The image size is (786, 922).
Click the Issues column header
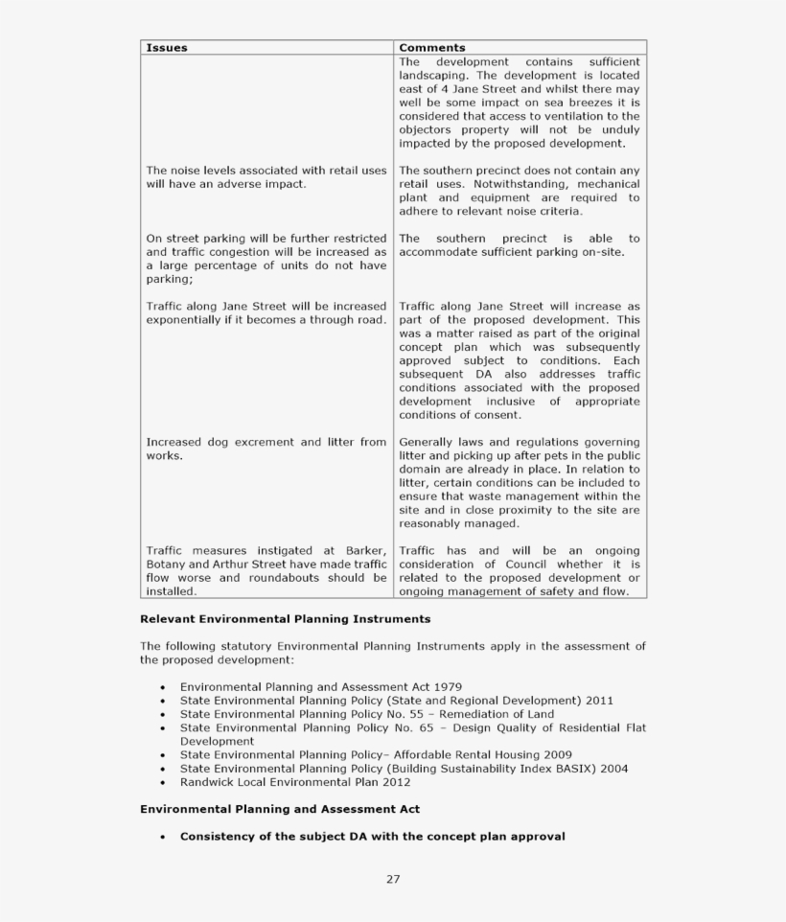[167, 48]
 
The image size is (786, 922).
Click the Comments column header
[431, 48]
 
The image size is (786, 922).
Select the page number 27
[393, 879]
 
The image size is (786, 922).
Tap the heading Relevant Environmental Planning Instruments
[285, 619]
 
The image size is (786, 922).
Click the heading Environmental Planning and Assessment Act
[279, 809]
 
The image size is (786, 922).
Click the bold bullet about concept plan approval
[372, 836]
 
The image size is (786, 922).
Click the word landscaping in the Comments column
[433, 76]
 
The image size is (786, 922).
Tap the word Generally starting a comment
[428, 442]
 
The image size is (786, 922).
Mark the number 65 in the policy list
[408, 727]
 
